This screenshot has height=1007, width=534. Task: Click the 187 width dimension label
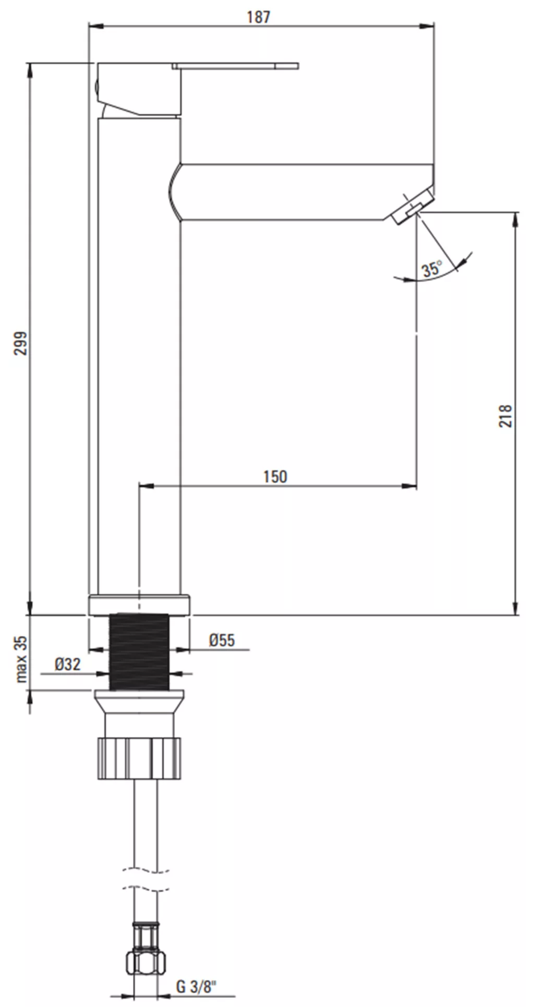[259, 17]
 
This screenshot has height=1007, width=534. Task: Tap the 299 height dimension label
[20, 343]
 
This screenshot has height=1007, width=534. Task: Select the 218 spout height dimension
[505, 416]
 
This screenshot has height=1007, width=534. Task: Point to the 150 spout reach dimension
[275, 476]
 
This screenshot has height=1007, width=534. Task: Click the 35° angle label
[432, 269]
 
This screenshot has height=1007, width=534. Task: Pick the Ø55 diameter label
[222, 640]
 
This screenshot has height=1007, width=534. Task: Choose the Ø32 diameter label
[68, 664]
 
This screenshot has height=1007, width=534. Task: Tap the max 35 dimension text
[21, 659]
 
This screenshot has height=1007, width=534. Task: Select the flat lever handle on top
[235, 66]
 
